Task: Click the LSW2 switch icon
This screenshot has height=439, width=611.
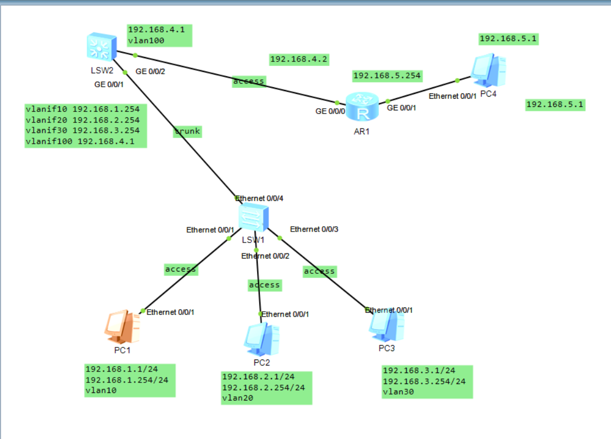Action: [x=101, y=47]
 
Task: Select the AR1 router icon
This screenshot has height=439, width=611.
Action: [x=362, y=106]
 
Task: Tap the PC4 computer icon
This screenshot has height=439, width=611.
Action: [x=488, y=71]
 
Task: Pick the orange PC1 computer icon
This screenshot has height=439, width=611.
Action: [x=122, y=327]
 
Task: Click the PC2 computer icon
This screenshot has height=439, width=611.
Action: [x=262, y=339]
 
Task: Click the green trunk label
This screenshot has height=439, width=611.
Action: [x=187, y=132]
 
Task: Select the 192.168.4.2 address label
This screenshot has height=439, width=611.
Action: [x=299, y=60]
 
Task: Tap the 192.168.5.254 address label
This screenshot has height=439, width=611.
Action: [x=387, y=76]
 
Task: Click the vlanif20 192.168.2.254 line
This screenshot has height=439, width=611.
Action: [x=82, y=120]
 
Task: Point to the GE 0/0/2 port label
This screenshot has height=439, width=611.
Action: [x=151, y=71]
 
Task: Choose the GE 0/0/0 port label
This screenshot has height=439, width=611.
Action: [x=330, y=111]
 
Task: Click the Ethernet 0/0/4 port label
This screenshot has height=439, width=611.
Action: [x=259, y=199]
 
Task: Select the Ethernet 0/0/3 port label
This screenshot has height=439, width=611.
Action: [x=314, y=229]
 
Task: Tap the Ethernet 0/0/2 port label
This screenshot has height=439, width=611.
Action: [x=265, y=256]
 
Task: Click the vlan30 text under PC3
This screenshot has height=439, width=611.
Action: [x=398, y=392]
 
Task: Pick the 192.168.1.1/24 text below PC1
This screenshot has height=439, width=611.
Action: [x=121, y=369]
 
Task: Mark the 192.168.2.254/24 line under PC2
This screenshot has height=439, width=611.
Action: [x=263, y=387]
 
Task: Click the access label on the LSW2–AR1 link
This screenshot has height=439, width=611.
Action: [x=249, y=81]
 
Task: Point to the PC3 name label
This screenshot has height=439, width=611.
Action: [x=387, y=348]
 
